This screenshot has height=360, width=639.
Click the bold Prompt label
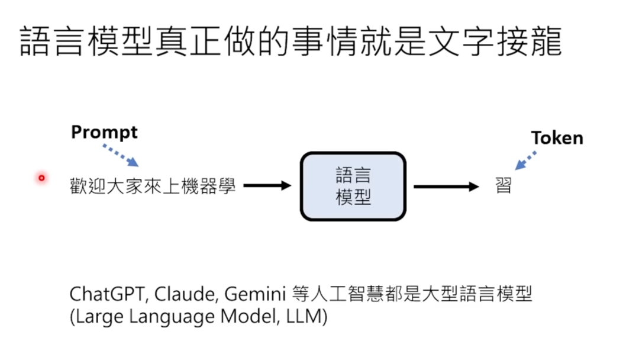(104, 132)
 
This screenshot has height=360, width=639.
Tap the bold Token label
(557, 139)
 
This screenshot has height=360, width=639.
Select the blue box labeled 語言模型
(353, 186)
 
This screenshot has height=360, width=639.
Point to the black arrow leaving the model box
(446, 187)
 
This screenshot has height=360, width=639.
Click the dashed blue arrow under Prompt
(121, 156)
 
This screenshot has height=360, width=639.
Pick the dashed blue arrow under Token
(525, 160)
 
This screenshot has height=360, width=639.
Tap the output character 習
(503, 187)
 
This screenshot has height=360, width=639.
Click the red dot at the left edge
(41, 178)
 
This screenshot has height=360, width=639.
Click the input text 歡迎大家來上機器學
(153, 187)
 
